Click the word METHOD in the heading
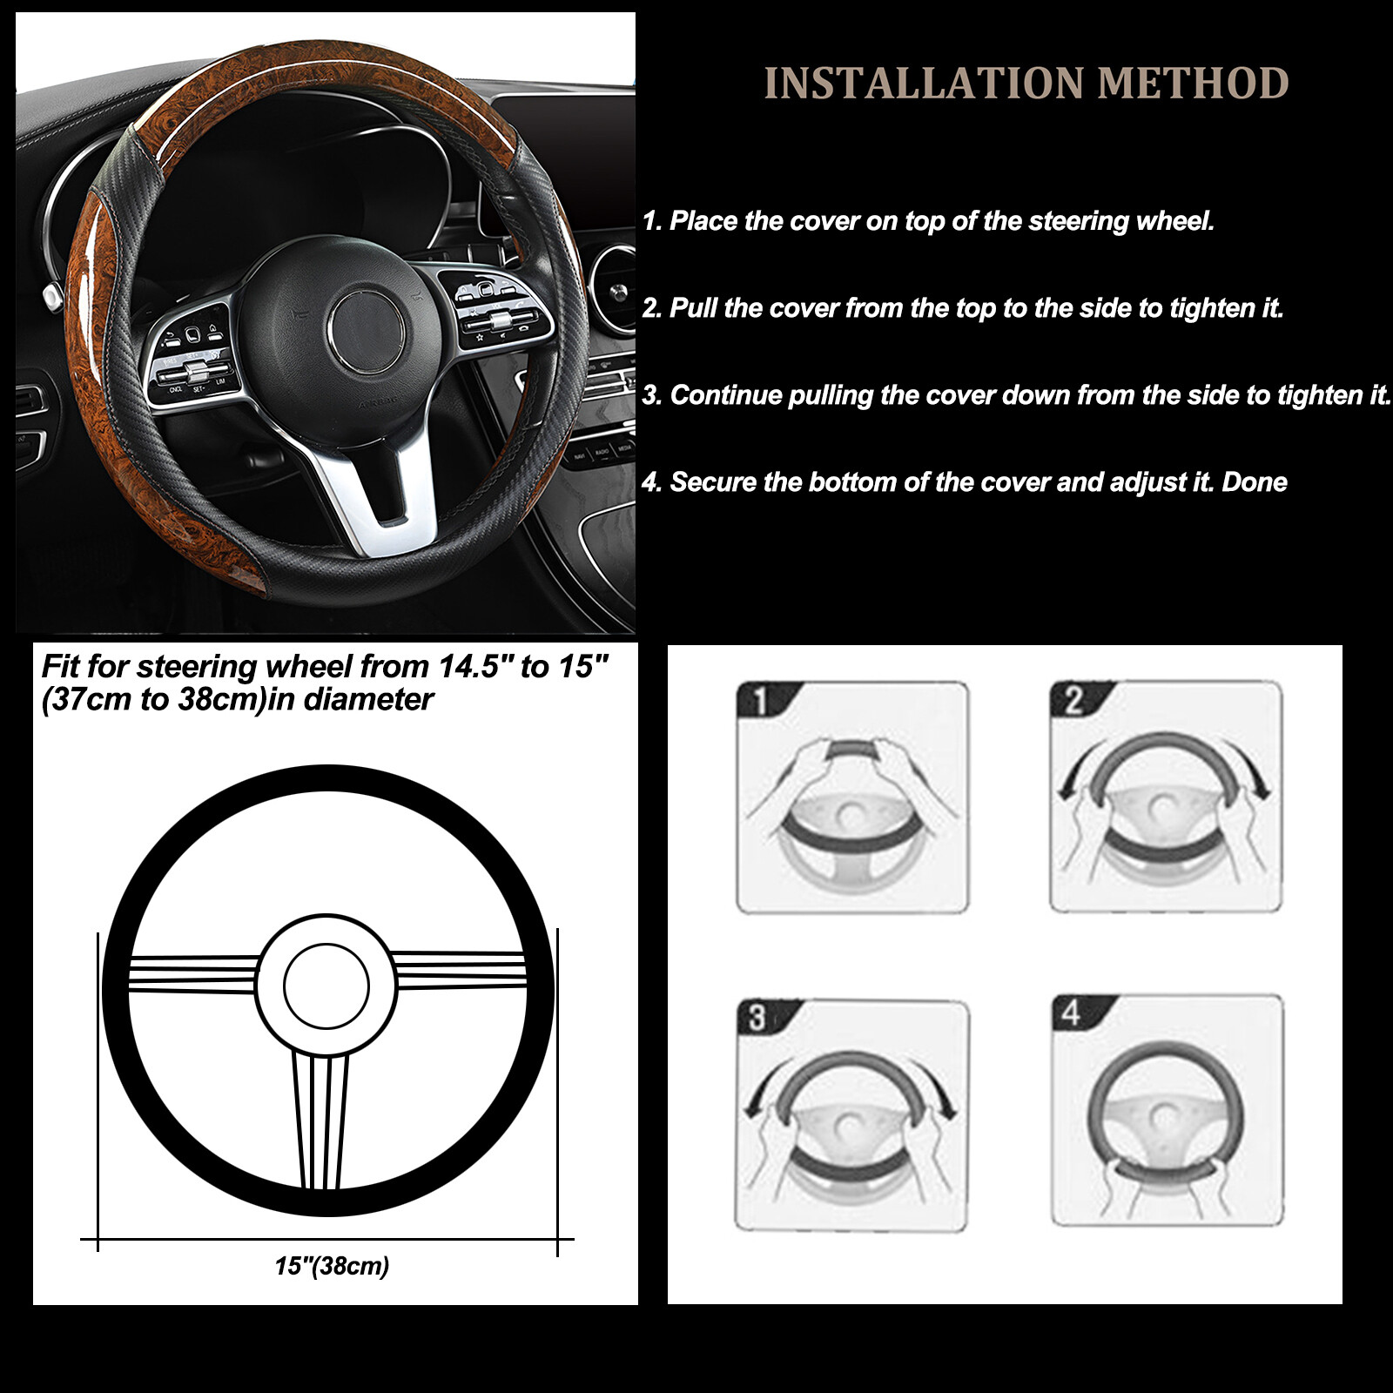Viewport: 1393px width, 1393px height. coord(1193,84)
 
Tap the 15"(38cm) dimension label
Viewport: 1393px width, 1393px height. coord(332,1266)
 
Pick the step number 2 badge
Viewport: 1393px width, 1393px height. coord(1073,700)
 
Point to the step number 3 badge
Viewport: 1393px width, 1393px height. coord(757,1017)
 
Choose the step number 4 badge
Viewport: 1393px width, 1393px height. coord(1072,1012)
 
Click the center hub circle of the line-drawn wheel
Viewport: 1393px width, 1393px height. coord(326,986)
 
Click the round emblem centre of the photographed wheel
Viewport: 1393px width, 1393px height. coord(367,330)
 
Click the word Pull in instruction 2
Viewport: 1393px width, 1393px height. coord(693,308)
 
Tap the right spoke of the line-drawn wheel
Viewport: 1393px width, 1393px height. coord(461,970)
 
